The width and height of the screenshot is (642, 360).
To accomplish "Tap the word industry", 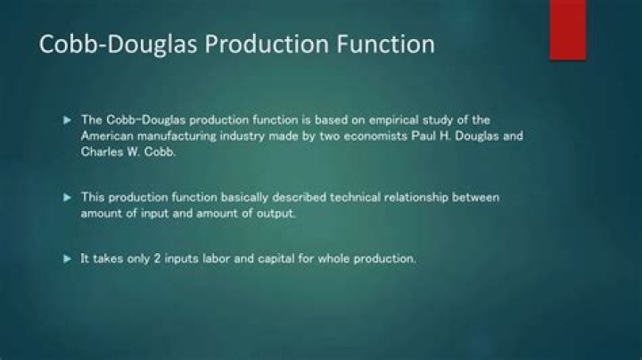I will (251, 135).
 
